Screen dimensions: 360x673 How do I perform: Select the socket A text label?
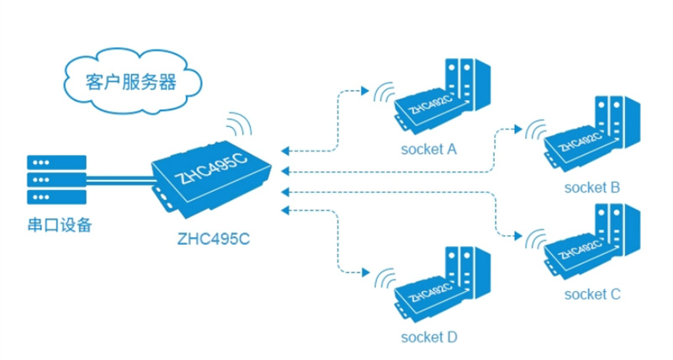pos(428,150)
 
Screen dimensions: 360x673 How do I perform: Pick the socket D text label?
pos(429,338)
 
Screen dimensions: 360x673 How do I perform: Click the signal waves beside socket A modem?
pos(386,92)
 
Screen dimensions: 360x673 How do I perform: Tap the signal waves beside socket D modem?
pos(386,278)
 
